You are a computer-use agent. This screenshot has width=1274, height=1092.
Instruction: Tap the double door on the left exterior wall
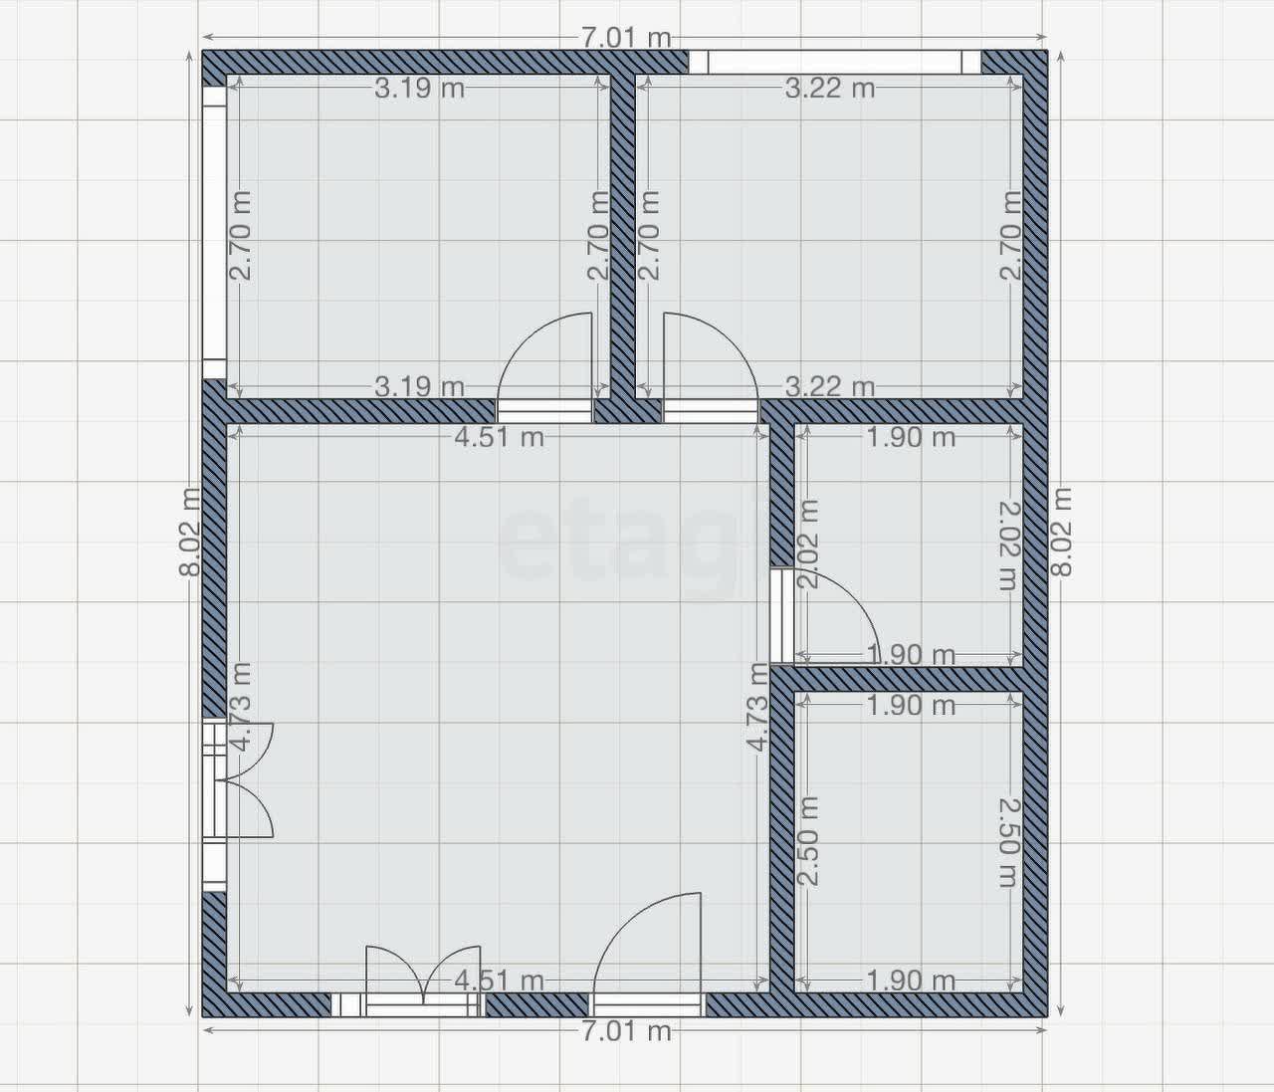tap(244, 781)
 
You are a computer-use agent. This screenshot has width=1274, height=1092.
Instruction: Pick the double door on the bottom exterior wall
tap(422, 981)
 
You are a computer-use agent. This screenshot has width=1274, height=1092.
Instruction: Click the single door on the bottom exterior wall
tap(647, 946)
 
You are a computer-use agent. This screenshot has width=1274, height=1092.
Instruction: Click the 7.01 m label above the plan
tap(626, 38)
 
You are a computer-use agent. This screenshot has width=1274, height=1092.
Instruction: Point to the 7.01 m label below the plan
tap(626, 1030)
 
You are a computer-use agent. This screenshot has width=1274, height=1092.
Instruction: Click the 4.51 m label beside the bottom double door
tap(499, 981)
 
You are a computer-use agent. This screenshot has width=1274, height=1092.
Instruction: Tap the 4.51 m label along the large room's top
tap(499, 437)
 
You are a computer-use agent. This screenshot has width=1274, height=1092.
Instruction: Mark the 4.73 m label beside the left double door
tap(240, 707)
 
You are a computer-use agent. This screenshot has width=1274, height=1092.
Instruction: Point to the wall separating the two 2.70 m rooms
tap(623, 234)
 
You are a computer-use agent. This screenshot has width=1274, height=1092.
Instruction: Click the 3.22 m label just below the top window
tap(830, 89)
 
